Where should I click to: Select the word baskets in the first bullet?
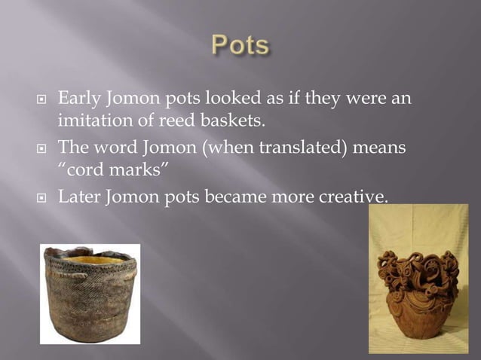[x=240, y=119]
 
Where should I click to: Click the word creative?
[x=354, y=197]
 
